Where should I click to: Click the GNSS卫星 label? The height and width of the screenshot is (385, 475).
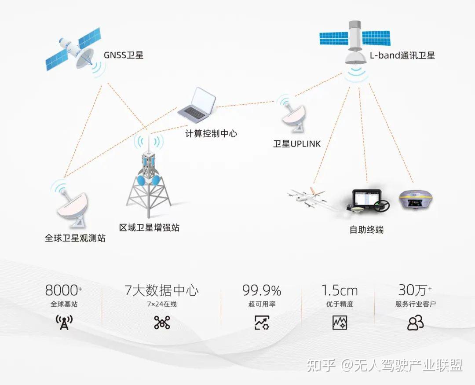click(x=124, y=55)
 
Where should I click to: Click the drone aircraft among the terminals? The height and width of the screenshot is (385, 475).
click(x=308, y=198)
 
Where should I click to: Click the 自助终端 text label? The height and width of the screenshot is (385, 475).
click(x=366, y=229)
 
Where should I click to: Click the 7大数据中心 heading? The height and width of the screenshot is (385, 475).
click(x=161, y=290)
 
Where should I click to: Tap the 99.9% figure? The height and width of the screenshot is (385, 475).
click(x=262, y=290)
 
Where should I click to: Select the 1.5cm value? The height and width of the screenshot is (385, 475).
click(x=339, y=290)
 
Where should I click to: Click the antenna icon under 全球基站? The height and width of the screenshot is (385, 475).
click(x=64, y=323)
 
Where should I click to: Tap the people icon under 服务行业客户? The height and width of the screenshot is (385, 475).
click(x=415, y=323)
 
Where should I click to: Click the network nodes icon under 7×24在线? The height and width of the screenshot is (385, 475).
click(x=162, y=323)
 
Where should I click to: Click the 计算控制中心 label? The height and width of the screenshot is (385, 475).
click(x=211, y=133)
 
